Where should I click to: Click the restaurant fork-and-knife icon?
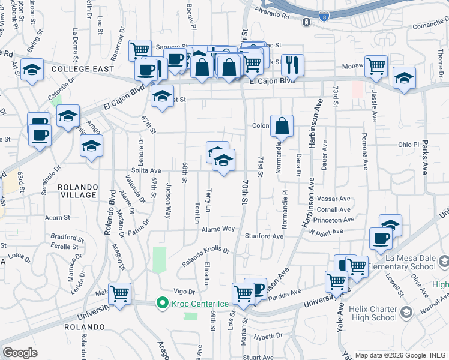point(292,64)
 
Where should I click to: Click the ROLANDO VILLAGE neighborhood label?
point(78,191)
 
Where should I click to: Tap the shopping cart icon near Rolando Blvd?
point(120,293)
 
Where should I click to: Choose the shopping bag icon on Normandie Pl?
point(282,126)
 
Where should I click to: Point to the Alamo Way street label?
point(218,229)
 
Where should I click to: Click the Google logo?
point(20,352)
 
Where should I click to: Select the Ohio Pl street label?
point(407,145)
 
